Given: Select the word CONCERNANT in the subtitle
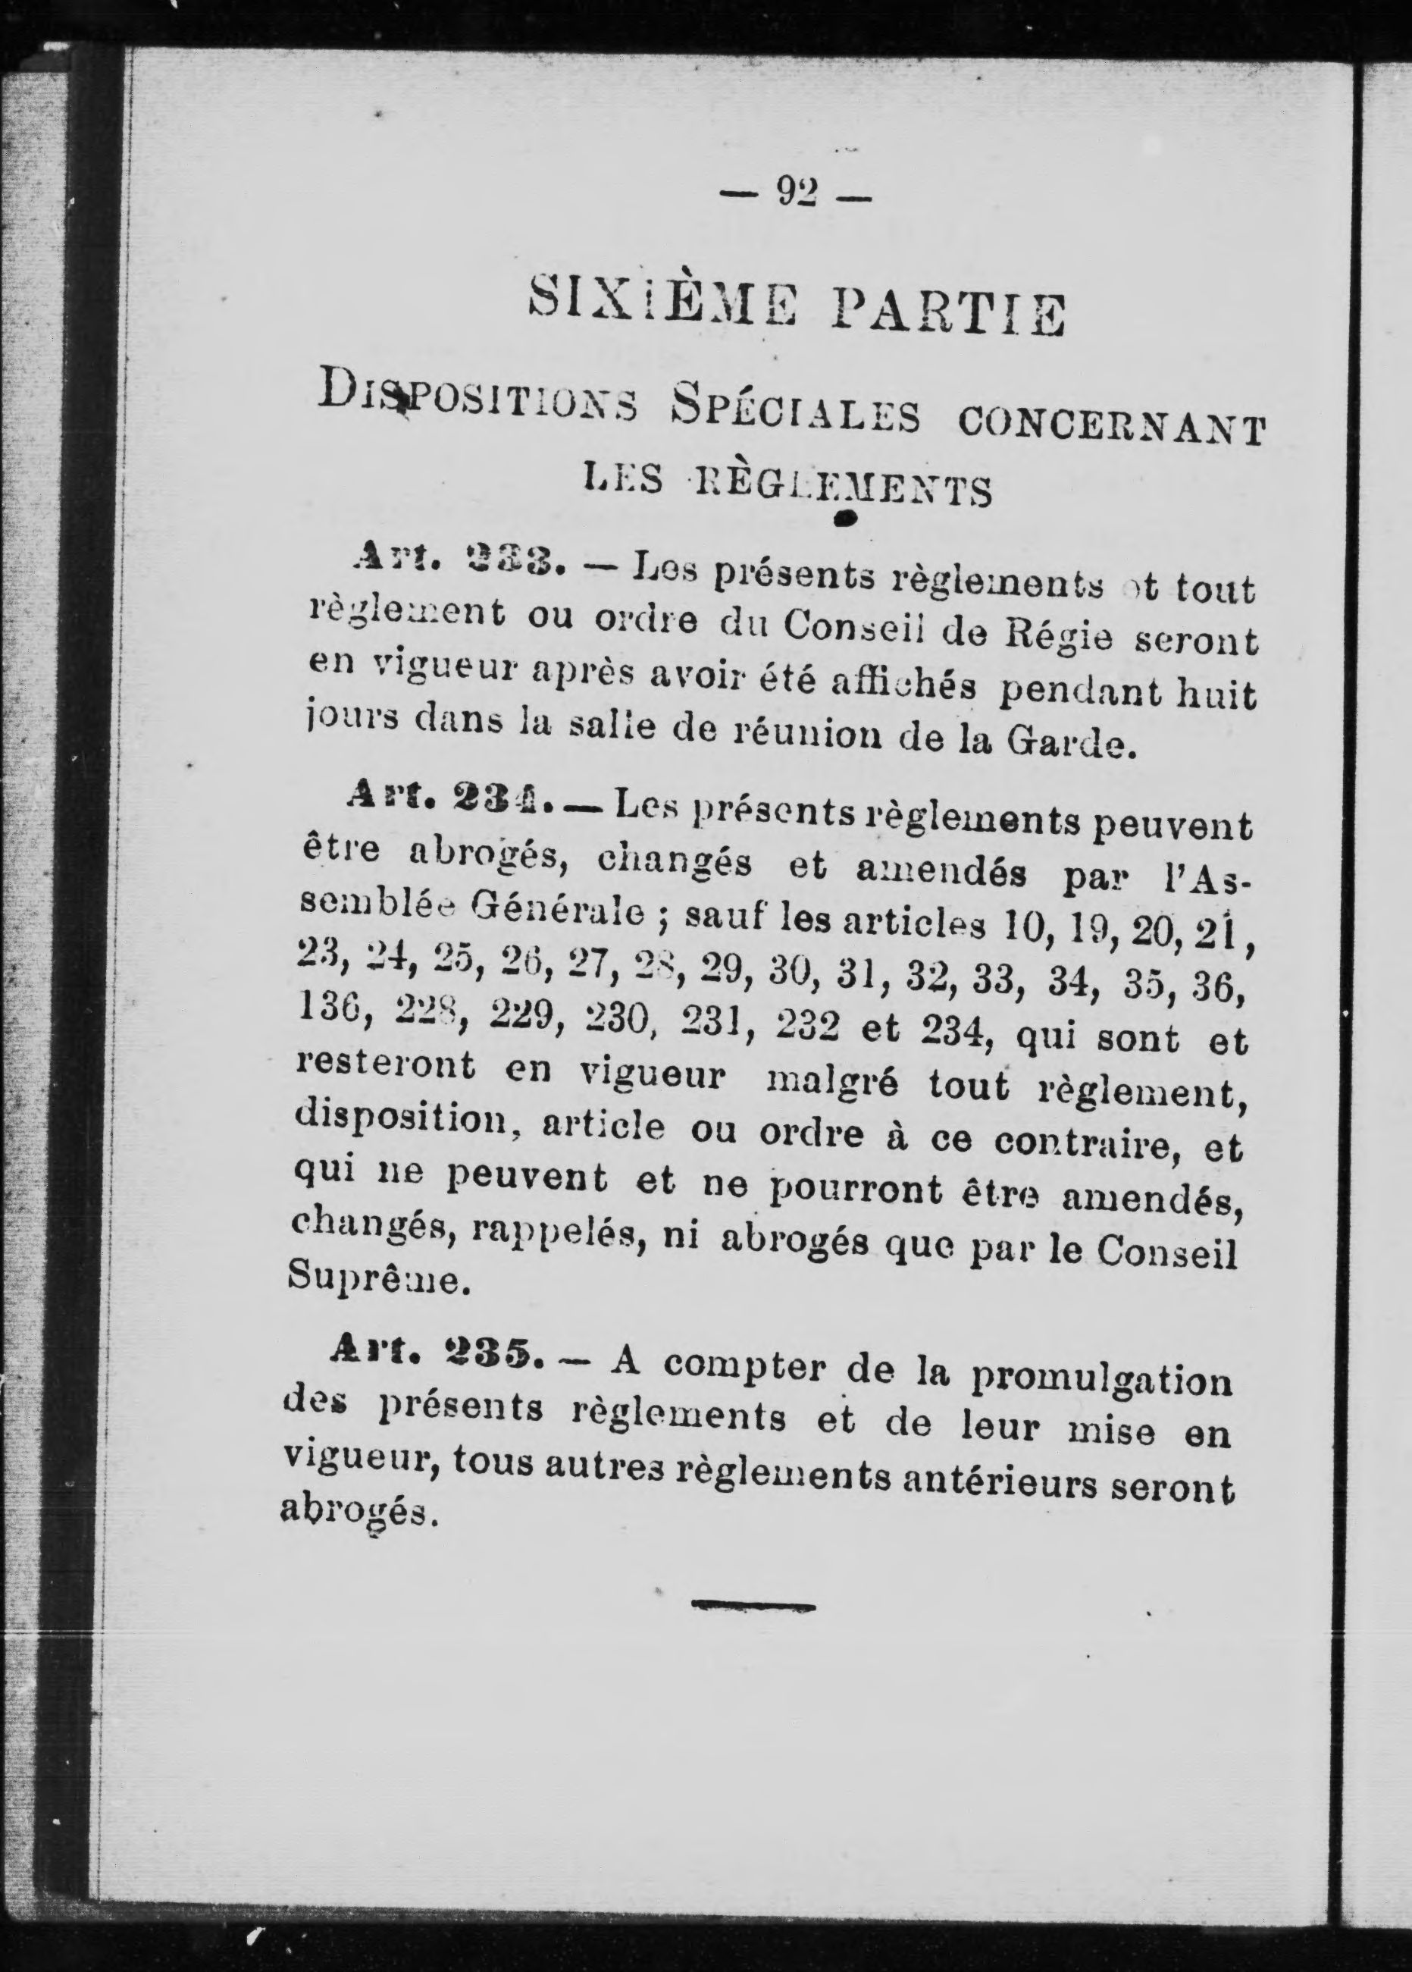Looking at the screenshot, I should tap(1110, 428).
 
